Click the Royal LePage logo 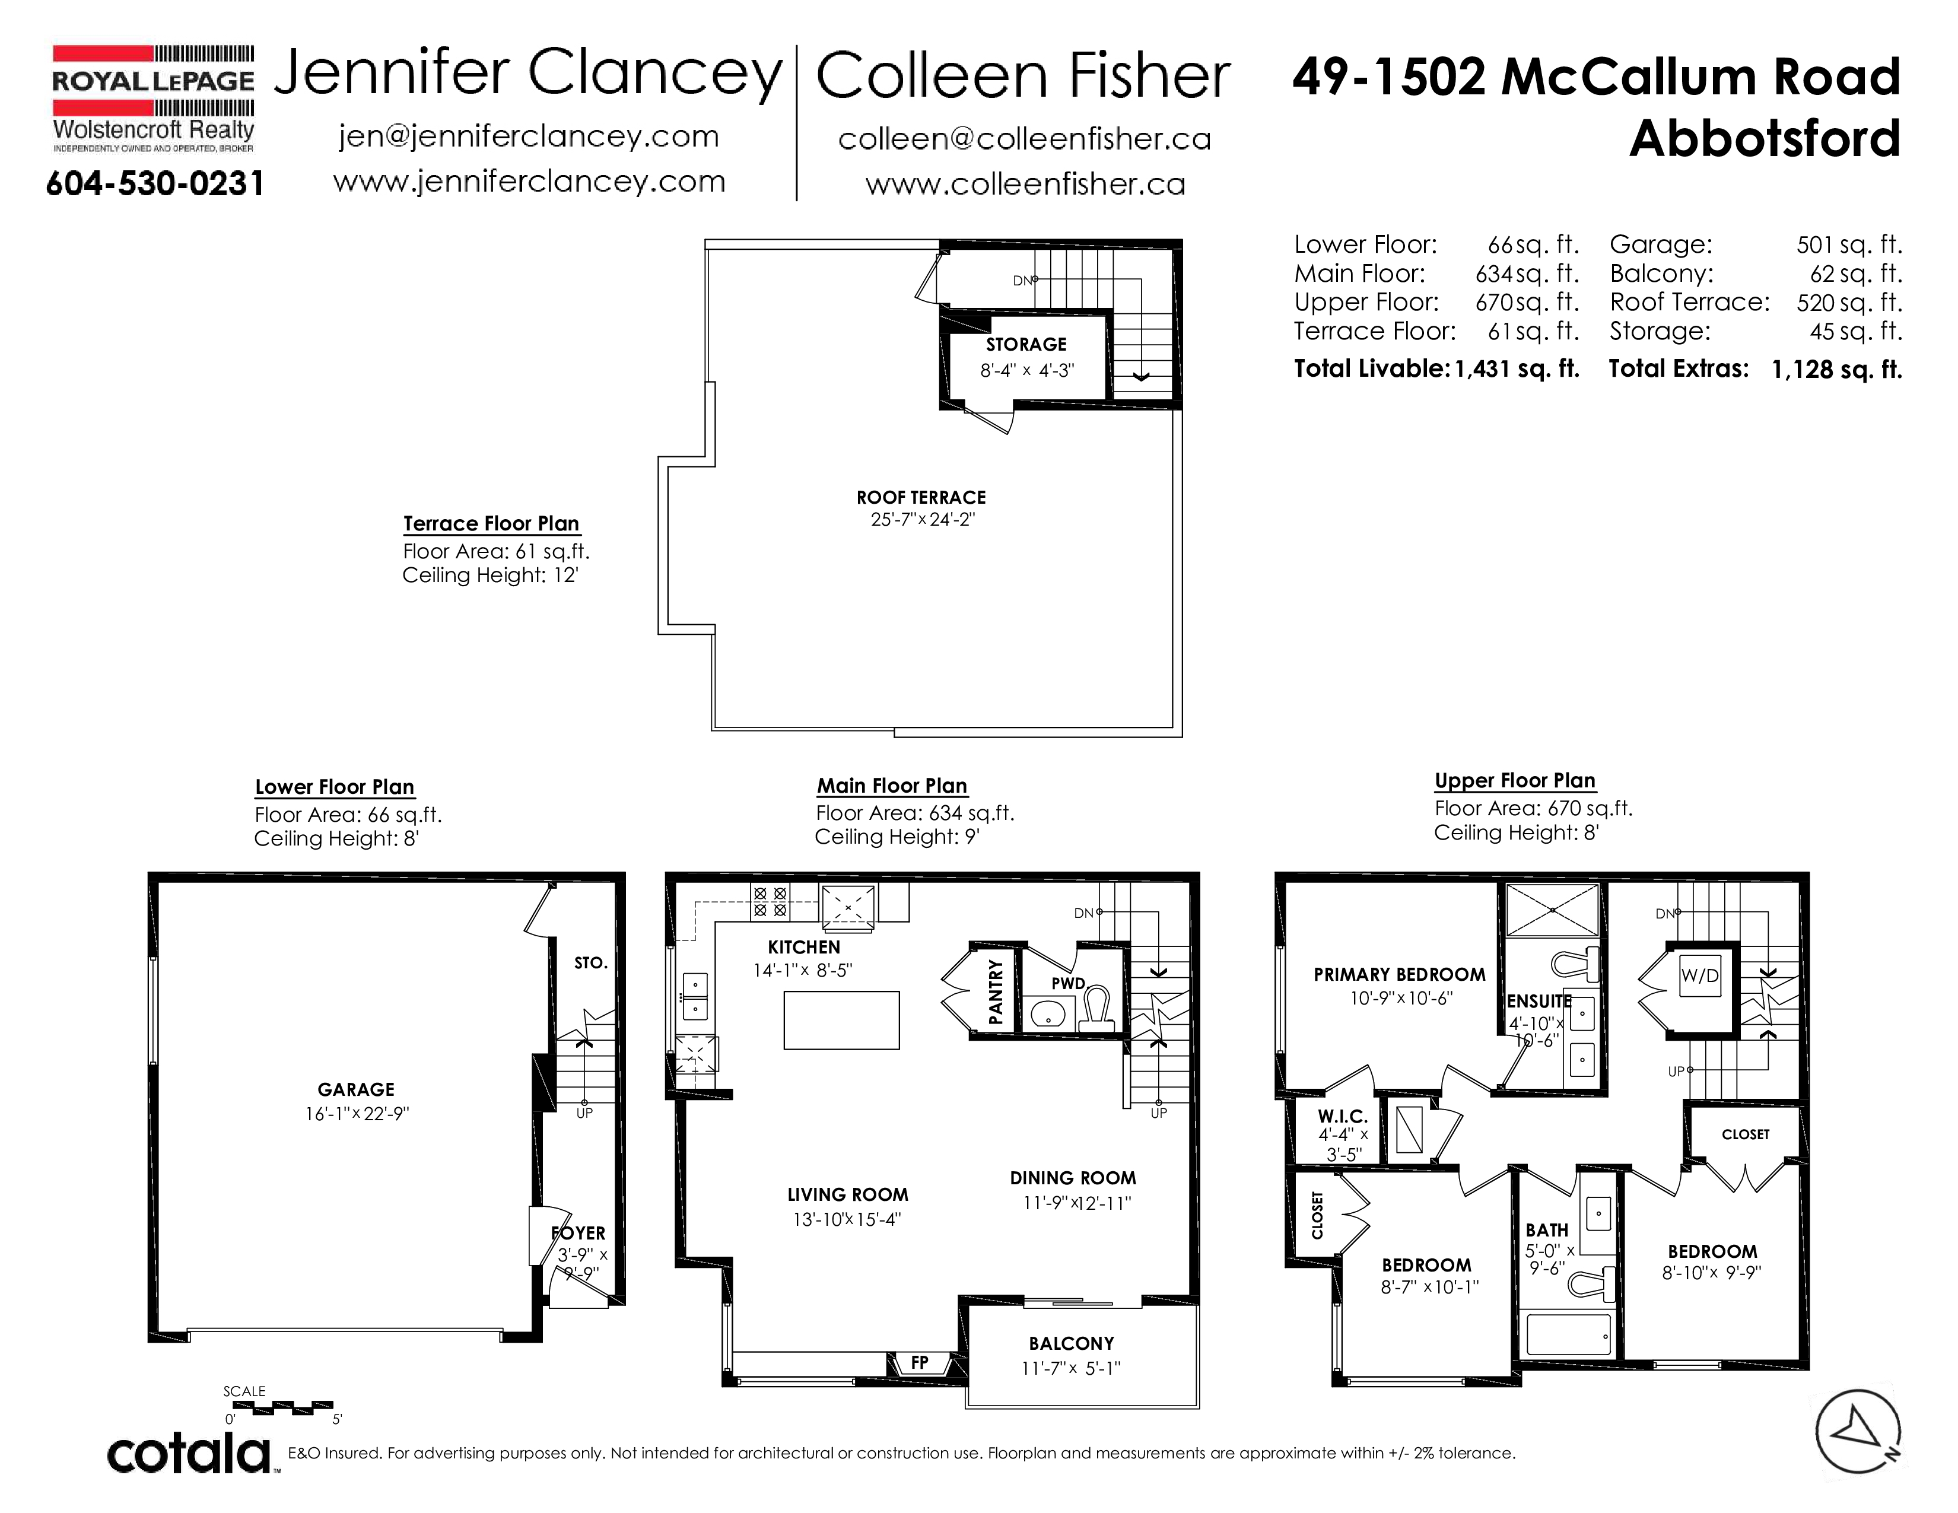tap(153, 98)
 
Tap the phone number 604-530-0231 tap(155, 184)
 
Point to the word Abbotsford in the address tap(1765, 138)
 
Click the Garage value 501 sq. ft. tap(1849, 244)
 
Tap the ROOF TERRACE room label tap(921, 497)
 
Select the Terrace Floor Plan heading tap(491, 523)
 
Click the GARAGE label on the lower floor tap(356, 1089)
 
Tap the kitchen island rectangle tap(841, 1020)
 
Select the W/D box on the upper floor tap(1700, 976)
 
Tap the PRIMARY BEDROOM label tap(1400, 974)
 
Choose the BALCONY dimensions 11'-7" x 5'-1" tap(1072, 1368)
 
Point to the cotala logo tap(189, 1453)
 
